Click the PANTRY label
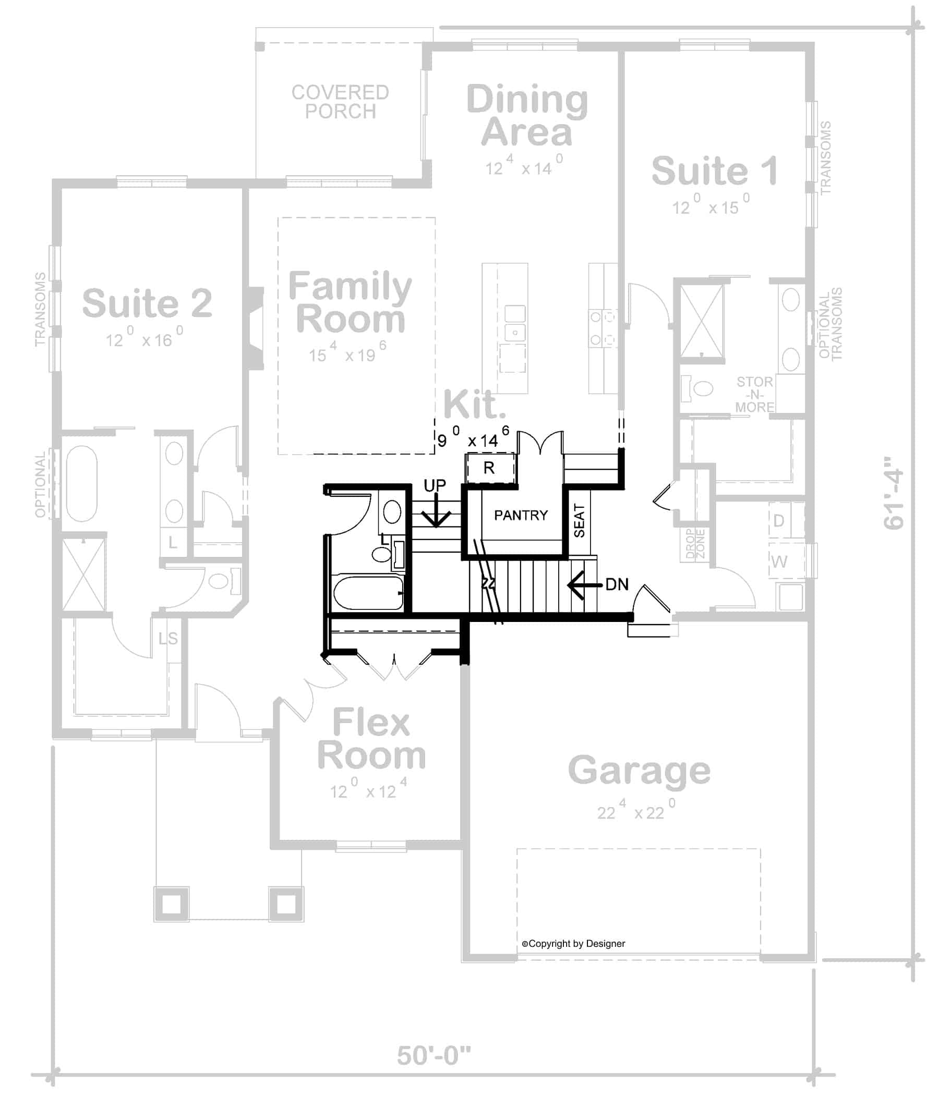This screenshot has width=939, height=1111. [521, 515]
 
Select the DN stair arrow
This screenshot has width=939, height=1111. [584, 585]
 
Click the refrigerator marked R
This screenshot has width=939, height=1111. [490, 468]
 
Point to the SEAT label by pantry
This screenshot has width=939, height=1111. [580, 521]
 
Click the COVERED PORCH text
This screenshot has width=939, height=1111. [340, 102]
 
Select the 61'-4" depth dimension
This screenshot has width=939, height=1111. [894, 492]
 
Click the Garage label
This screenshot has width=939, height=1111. [639, 771]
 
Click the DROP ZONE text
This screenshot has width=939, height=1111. [695, 543]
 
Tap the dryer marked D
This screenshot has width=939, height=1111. [778, 520]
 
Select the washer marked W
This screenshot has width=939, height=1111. [779, 561]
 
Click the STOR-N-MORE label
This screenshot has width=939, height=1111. [754, 394]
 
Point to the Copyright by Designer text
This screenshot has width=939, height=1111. [573, 944]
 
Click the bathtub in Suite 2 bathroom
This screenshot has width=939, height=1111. [82, 484]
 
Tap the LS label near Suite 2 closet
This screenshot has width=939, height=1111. [168, 638]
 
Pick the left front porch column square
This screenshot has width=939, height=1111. [172, 904]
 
